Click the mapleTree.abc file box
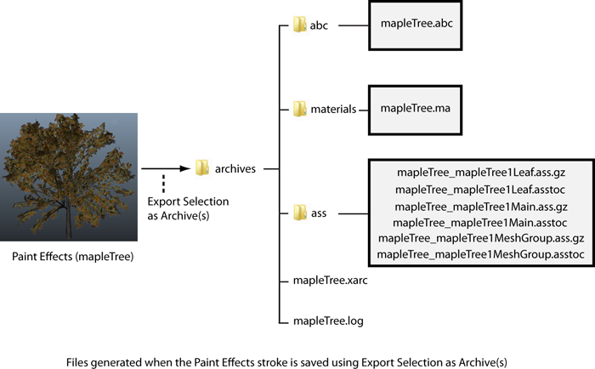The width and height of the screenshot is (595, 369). [x=416, y=25]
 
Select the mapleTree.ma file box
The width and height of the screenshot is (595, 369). [x=416, y=108]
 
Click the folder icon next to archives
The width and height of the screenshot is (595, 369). [x=201, y=168]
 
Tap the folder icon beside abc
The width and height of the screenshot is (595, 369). [x=299, y=26]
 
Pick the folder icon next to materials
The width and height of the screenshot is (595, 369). [x=299, y=109]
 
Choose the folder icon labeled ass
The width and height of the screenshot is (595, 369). [x=299, y=211]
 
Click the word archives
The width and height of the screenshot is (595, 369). [x=235, y=169]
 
